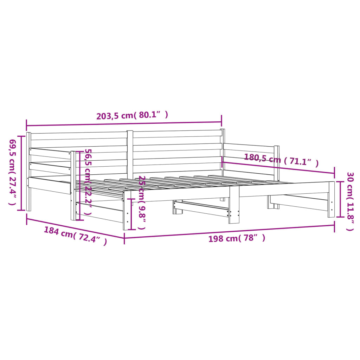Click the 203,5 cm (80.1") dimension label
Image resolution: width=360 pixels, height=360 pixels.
click(132, 115)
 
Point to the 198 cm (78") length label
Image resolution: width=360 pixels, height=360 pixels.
click(237, 238)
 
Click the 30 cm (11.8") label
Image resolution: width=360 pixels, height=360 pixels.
click(350, 201)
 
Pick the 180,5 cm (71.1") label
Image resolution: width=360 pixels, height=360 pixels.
click(281, 160)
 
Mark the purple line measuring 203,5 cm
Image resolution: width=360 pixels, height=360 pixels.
click(123, 123)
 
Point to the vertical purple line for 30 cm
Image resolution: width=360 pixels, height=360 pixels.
click(340, 199)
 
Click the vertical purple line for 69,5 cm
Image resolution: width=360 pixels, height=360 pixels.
click(22, 173)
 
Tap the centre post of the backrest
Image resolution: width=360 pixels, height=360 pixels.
click(130, 155)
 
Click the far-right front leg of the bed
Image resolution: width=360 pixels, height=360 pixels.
click(331, 199)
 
